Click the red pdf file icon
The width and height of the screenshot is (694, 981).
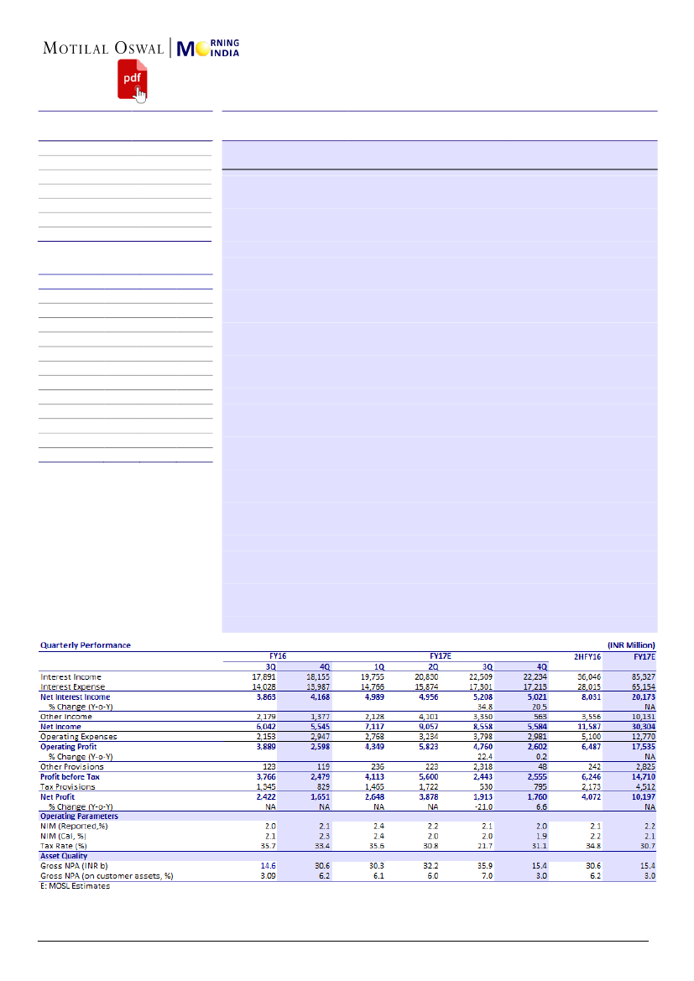129,79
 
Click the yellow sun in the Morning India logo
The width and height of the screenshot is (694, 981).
205,49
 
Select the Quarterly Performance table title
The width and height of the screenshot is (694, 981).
86,645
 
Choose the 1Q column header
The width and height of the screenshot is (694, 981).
379,665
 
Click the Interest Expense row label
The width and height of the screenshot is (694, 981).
72,686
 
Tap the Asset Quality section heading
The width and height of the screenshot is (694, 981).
64,856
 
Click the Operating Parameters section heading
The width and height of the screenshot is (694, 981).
79,816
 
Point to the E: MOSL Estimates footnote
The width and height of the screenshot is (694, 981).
75,886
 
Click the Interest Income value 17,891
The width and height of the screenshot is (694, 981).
263,676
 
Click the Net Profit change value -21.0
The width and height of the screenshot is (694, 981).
482,806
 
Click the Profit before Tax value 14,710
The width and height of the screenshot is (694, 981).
641,776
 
